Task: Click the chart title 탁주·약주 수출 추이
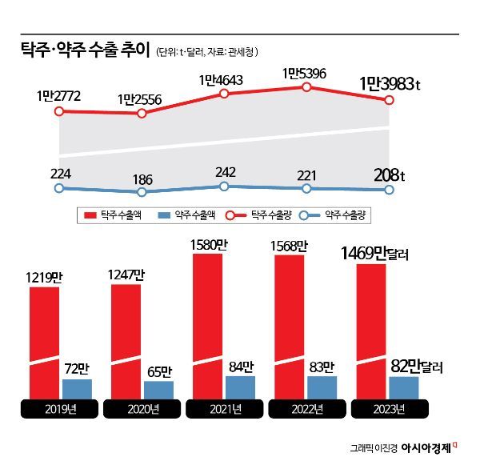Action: pyautogui.click(x=86, y=50)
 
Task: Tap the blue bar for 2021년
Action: pyautogui.click(x=240, y=387)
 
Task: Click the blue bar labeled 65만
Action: pyautogui.click(x=158, y=390)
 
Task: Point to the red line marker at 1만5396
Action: pyautogui.click(x=306, y=86)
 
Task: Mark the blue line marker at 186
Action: pyautogui.click(x=142, y=192)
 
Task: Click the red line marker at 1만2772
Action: pyautogui.click(x=58, y=111)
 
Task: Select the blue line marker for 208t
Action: pyautogui.click(x=390, y=190)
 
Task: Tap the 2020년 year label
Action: pyautogui.click(x=142, y=410)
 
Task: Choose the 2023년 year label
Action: pyautogui.click(x=388, y=410)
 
